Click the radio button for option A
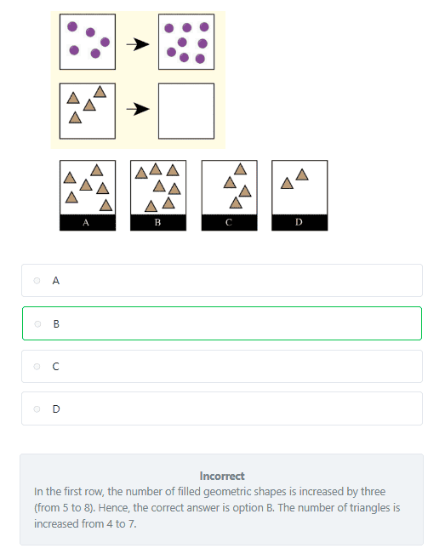click(x=37, y=281)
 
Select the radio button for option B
click(x=37, y=323)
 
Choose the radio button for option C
click(x=37, y=367)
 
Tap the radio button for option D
click(x=37, y=408)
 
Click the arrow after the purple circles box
click(x=138, y=44)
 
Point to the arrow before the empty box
click(x=138, y=109)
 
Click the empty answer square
click(x=186, y=111)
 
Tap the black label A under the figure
click(x=88, y=223)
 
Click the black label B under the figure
click(x=158, y=223)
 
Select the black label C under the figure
click(x=229, y=223)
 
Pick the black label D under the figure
click(x=300, y=223)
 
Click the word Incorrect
click(x=222, y=476)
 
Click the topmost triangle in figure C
click(x=240, y=169)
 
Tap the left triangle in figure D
click(x=287, y=183)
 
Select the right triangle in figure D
click(x=302, y=175)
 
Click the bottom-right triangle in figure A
click(x=106, y=205)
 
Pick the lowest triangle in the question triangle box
click(x=75, y=117)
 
